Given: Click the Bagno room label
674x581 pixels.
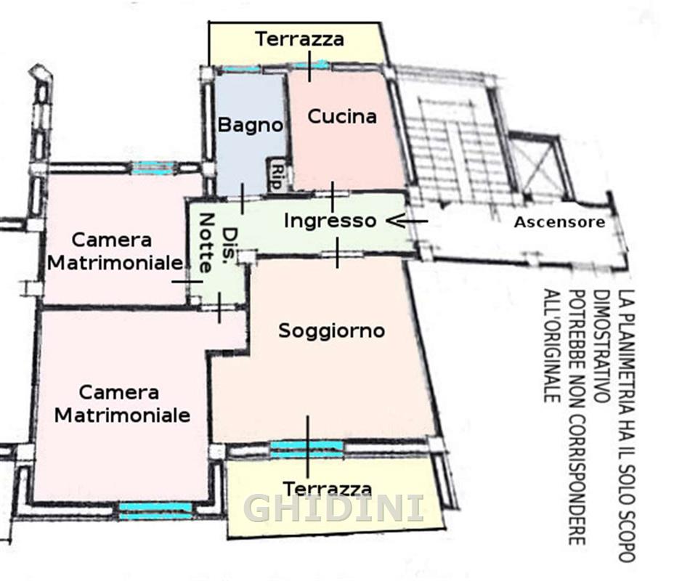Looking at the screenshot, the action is coord(251,125).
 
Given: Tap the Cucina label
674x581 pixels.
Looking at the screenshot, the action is coord(342,116).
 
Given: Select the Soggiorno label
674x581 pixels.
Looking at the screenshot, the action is coord(331,331).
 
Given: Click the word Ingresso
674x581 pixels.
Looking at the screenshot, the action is coord(330,221).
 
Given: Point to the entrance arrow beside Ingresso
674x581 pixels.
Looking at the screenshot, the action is coord(407,221).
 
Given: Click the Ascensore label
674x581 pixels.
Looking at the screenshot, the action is coord(560,222).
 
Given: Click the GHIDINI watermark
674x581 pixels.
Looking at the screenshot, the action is coord(333,508).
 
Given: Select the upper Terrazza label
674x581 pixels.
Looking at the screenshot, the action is coord(300,39).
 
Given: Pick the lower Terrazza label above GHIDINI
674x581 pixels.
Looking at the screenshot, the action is coord(328,489).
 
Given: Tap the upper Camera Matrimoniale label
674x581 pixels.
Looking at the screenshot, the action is coord(115,251).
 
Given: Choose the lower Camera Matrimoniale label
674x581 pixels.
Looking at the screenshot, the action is coord(122,404).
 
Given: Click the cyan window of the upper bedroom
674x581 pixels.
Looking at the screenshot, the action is coord(153,168).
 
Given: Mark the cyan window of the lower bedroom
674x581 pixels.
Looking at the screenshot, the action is coord(155,511).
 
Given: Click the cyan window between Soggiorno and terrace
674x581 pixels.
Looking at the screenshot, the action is coord(306,449).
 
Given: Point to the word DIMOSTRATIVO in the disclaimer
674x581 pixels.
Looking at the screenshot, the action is coord(602,346).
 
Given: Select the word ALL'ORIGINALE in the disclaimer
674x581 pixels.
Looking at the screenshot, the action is coord(552,346).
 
